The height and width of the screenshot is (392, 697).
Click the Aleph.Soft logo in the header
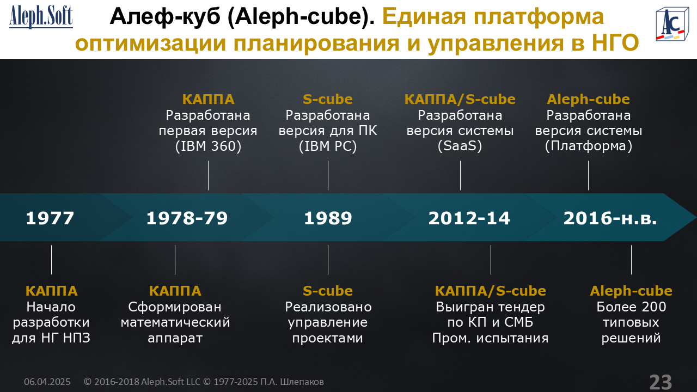41,17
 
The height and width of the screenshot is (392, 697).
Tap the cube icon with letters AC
672,24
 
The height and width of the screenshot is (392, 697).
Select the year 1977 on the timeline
50,218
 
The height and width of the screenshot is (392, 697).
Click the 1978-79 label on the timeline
187,218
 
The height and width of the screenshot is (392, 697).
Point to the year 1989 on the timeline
328,218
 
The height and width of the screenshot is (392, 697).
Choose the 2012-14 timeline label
469,218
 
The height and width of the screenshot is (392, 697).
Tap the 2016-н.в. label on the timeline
610,218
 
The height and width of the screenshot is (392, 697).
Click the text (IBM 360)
208,146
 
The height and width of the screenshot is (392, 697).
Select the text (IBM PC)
328,146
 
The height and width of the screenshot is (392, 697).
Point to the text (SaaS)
460,146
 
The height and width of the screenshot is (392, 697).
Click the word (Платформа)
589,146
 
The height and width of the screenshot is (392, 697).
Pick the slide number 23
661,382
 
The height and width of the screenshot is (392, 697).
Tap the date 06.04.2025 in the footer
47,382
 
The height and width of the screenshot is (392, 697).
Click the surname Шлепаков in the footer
302,382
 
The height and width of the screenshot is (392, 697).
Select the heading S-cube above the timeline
328,99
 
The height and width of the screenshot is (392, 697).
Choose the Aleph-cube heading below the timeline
631,291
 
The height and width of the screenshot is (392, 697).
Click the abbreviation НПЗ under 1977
76,338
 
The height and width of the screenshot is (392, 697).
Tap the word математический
175,322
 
